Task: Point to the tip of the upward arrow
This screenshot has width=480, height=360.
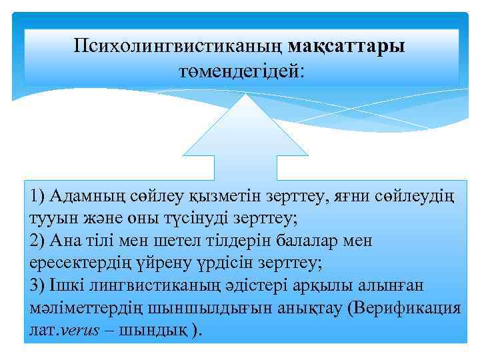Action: [247, 95]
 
